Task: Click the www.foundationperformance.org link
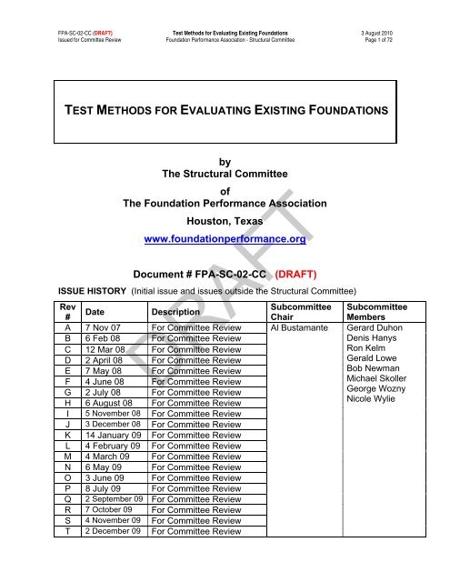[x=225, y=240]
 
